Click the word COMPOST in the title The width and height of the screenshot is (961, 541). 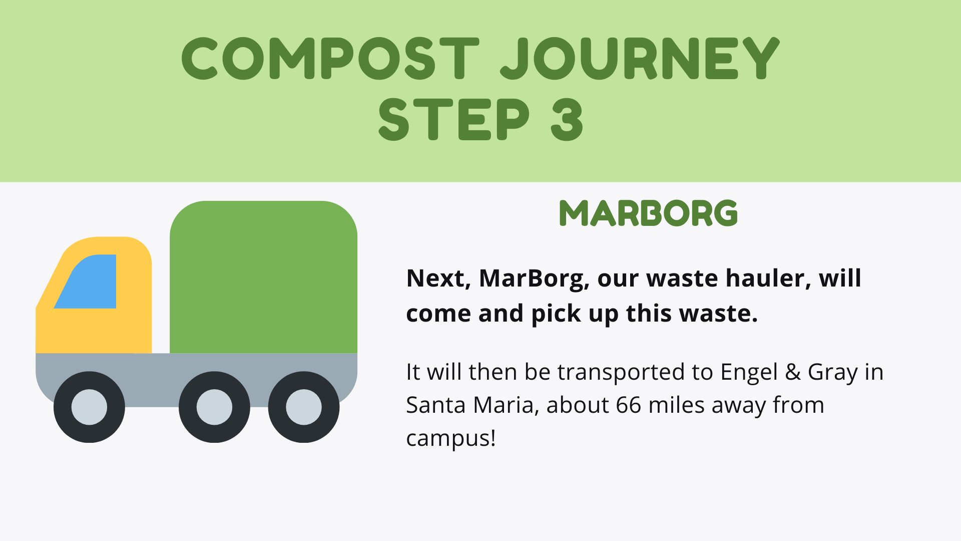[x=330, y=59]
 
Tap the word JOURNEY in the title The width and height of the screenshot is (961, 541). [x=640, y=59]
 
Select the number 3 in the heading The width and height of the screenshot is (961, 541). [x=567, y=119]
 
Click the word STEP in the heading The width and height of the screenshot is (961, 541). [x=453, y=119]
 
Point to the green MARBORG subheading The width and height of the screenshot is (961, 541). [x=648, y=213]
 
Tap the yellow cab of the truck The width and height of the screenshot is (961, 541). [x=94, y=296]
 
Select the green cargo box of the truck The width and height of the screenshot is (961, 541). [x=263, y=277]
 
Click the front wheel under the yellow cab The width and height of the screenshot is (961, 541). [x=89, y=407]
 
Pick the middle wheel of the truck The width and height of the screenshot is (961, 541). [x=214, y=407]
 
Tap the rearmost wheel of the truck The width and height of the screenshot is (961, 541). [x=304, y=407]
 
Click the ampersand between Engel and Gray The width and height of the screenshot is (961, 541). [x=792, y=372]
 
